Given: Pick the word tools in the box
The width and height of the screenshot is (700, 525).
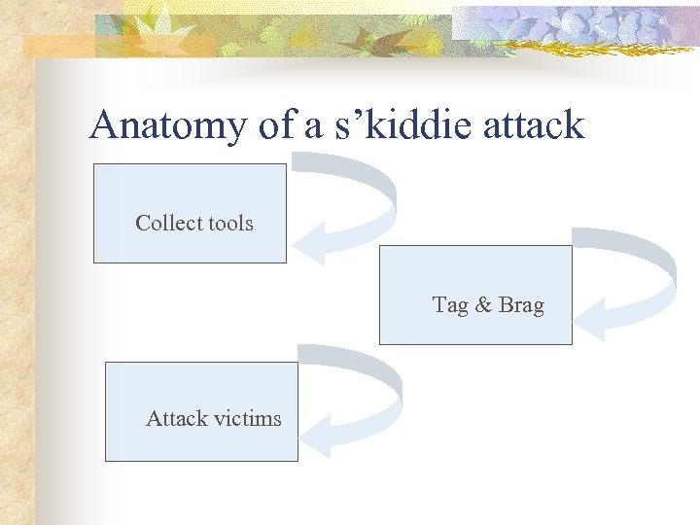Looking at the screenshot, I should point(230,223).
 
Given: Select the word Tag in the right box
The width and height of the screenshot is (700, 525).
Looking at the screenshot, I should point(450,304).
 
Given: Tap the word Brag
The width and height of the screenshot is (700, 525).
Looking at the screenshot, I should point(521,304).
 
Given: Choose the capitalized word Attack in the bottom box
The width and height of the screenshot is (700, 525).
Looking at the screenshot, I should point(176,418).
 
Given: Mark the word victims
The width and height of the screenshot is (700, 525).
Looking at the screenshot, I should point(248,418).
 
